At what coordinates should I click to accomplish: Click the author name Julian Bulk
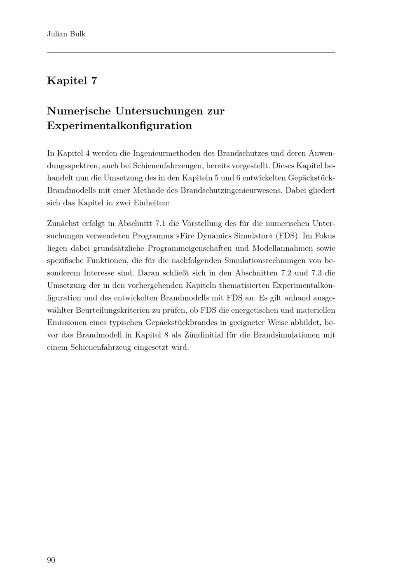(x=66, y=34)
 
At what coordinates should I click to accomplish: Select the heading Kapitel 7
(x=72, y=80)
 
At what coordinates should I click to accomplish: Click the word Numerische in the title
(x=79, y=111)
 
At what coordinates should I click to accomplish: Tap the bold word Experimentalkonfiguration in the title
(x=119, y=125)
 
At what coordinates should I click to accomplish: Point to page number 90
(x=51, y=560)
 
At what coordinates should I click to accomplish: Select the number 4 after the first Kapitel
(x=87, y=154)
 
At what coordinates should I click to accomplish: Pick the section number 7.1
(x=159, y=223)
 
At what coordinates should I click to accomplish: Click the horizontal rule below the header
(x=191, y=52)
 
